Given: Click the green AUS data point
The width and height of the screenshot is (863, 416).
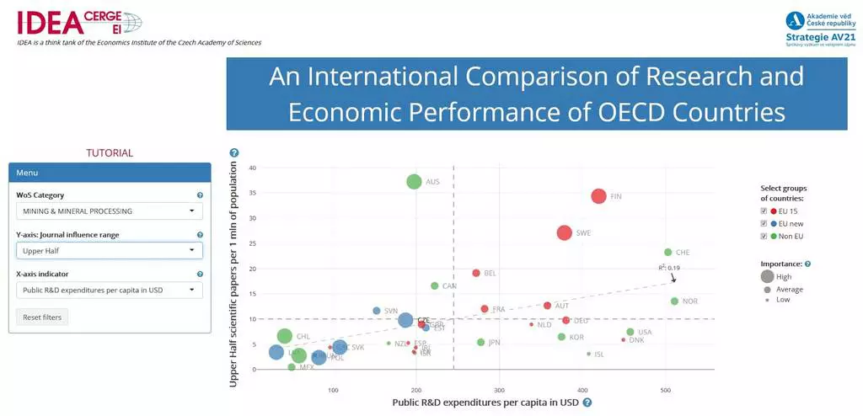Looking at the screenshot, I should point(414,182).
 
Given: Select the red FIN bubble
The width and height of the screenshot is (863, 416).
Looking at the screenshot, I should point(598,196).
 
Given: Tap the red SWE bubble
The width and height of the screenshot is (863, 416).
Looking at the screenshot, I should point(565,233).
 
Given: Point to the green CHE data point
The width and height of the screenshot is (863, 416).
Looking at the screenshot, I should point(668,253).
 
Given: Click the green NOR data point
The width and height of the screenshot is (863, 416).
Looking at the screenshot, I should point(674,301).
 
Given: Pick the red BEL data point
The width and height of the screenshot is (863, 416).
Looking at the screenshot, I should point(476,274).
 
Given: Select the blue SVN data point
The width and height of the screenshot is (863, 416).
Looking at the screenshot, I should point(377,312).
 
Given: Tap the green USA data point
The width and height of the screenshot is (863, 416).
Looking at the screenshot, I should point(630,333).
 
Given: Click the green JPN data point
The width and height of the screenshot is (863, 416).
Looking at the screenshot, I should point(481,343).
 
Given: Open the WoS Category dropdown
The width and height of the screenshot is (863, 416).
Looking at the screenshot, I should point(110,211).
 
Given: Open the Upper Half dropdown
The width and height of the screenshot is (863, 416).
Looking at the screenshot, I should point(110,251).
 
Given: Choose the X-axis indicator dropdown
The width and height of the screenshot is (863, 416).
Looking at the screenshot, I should point(110,291).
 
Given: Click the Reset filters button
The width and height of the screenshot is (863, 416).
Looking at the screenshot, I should point(43,317).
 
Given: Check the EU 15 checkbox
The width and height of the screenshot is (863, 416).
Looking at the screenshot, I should point(764,211).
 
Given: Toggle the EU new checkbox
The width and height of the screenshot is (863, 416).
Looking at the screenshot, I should point(764,223).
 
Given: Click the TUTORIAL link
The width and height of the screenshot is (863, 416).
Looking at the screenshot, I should point(110,153).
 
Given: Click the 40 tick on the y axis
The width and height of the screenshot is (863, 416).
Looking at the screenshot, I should point(252,168).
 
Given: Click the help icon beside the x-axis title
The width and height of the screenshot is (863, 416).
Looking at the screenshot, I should point(587,403).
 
